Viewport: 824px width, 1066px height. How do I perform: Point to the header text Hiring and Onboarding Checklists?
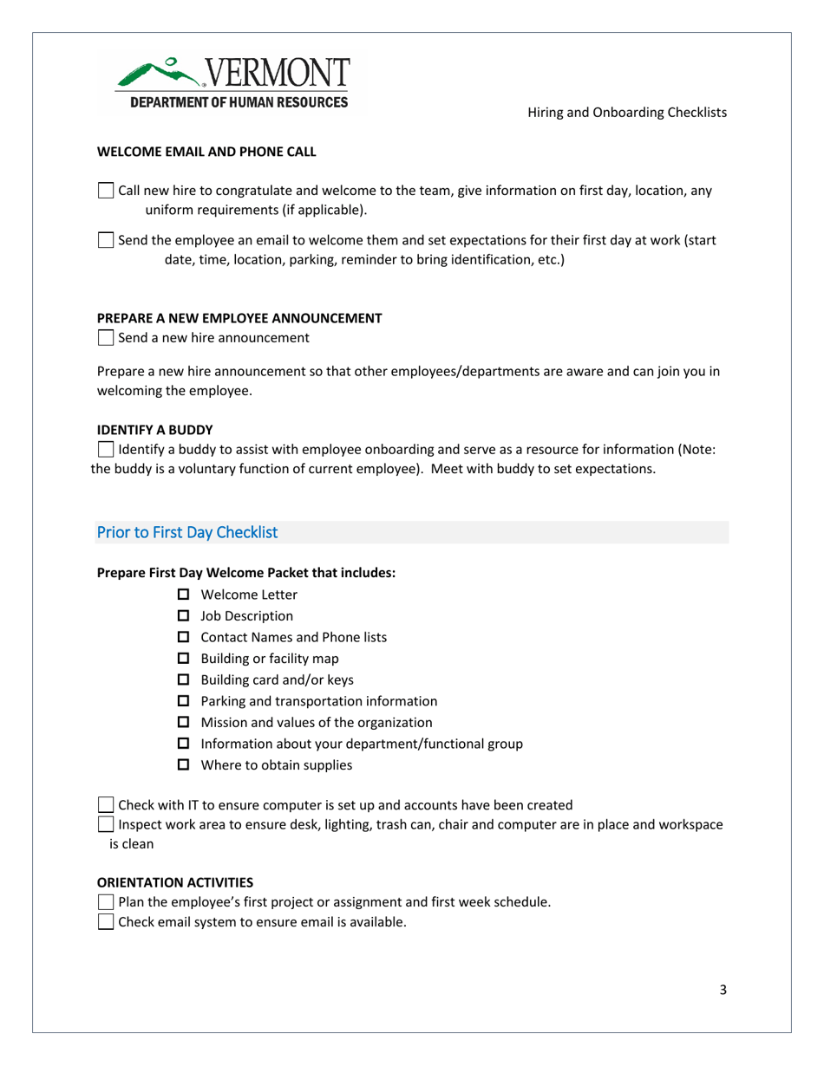pyautogui.click(x=627, y=113)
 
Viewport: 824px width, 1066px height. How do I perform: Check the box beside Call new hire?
pyautogui.click(x=107, y=191)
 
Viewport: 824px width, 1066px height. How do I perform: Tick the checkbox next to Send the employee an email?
pyautogui.click(x=107, y=240)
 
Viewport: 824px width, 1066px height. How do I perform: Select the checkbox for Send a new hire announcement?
pyautogui.click(x=107, y=337)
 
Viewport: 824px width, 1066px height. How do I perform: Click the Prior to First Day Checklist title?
pyautogui.click(x=187, y=532)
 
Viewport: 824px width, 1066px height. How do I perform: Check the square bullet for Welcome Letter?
pyautogui.click(x=181, y=595)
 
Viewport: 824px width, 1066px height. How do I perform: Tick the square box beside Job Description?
pyautogui.click(x=181, y=616)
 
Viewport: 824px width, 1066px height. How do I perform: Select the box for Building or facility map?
pyautogui.click(x=181, y=659)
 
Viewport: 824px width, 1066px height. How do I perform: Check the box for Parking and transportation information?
pyautogui.click(x=181, y=701)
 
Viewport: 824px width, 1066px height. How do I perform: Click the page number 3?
pyautogui.click(x=723, y=991)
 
